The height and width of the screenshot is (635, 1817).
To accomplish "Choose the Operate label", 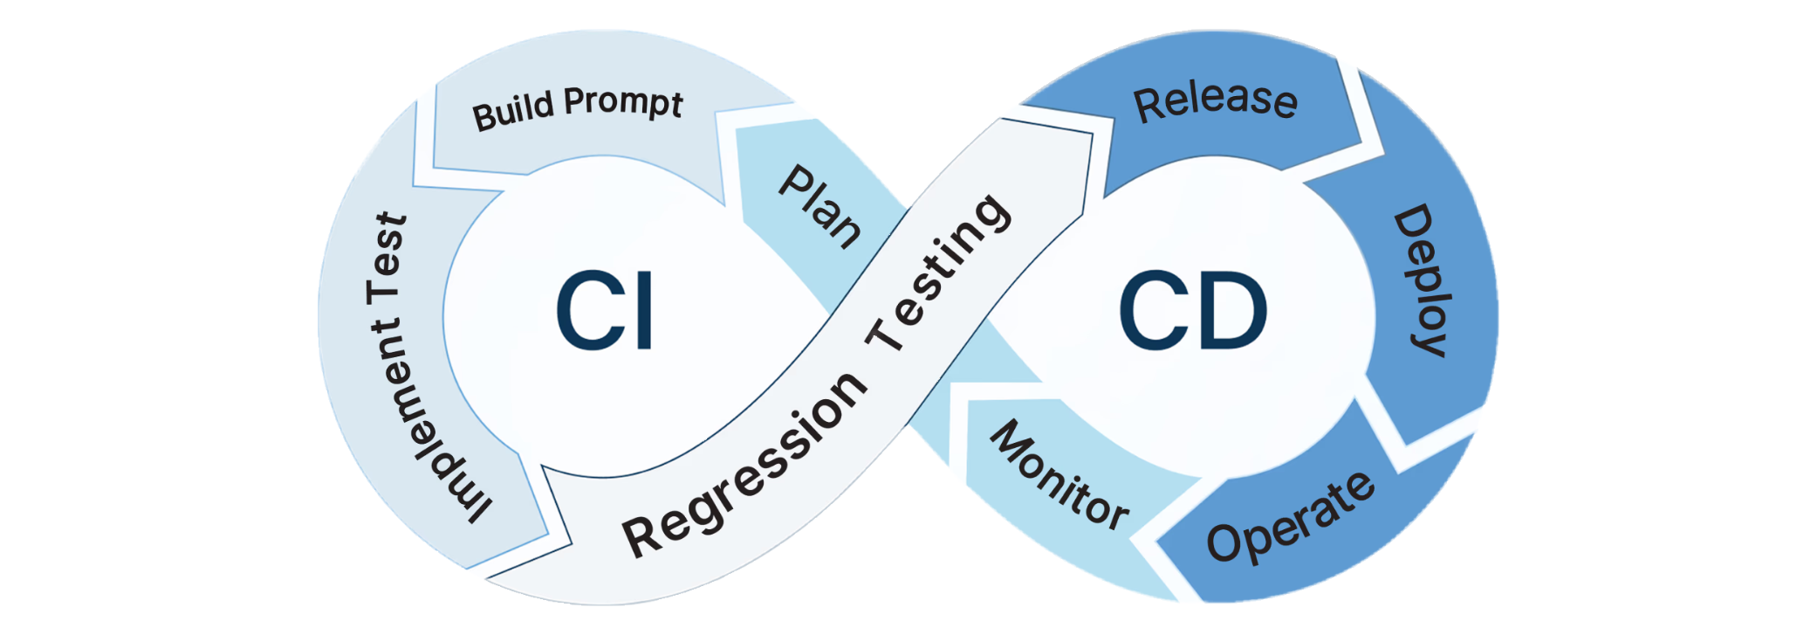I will pos(1290,519).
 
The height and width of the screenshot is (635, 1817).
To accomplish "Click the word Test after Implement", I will pos(389,257).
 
